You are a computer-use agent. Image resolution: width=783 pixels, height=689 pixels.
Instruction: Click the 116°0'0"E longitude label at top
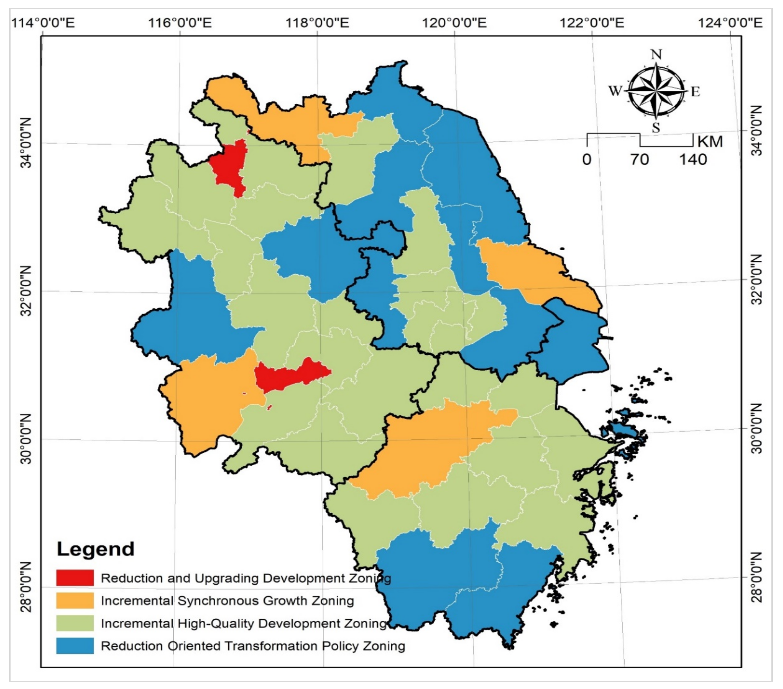click(x=180, y=23)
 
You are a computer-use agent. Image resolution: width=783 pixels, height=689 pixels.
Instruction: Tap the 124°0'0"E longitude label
click(x=730, y=23)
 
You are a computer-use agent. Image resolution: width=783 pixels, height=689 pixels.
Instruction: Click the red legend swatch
click(x=75, y=578)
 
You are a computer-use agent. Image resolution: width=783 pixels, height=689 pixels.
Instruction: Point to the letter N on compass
click(x=656, y=55)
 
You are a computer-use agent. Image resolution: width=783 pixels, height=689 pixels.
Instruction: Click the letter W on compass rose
click(x=615, y=91)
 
